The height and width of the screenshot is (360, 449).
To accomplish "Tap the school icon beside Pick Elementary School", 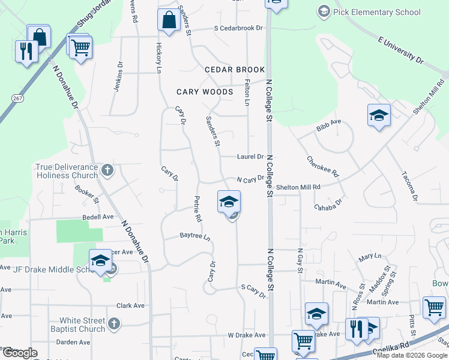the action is coord(324,11).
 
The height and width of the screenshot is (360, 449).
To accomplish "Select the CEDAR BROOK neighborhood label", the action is coord(235,70).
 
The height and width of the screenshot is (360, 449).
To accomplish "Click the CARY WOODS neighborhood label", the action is coord(205,92).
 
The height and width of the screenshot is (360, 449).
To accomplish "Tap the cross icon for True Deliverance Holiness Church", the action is coord(107,170).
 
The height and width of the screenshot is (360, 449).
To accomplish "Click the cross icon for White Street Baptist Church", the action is coord(115,325).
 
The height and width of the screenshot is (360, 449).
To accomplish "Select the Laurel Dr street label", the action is coord(250,157).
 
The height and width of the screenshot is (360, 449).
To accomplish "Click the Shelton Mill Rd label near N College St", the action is coord(301,187).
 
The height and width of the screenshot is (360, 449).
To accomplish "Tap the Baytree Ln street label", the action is coord(196,237).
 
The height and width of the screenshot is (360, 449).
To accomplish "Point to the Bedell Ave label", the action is coord(98,217).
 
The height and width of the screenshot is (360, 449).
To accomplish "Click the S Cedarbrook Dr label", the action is coord(238,28).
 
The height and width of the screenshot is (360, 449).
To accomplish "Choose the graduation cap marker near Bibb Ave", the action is coord(379,115).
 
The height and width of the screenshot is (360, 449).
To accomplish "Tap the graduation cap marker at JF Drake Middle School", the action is coord(100,261).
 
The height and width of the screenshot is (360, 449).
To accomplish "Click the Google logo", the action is coord(20,353).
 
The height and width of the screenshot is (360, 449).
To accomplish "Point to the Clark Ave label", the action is coord(131,305).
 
